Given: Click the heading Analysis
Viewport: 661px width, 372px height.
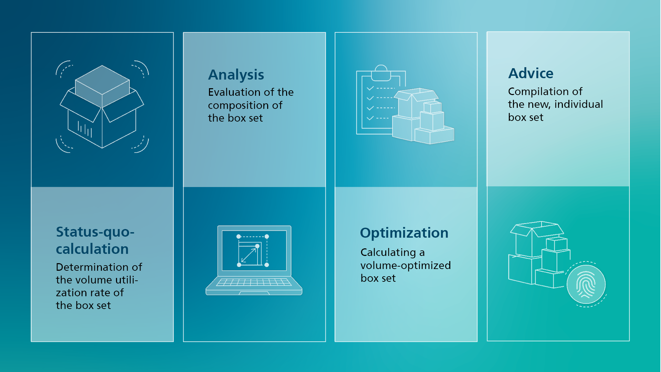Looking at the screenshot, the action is point(236,75).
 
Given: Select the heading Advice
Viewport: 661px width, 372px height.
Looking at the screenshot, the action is point(531,73).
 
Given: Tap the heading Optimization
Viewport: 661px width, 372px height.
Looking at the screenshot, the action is point(404,233).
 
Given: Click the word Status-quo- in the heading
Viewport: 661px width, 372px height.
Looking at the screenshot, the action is point(95,232).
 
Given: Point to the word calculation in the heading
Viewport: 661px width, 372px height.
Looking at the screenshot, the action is point(92,249).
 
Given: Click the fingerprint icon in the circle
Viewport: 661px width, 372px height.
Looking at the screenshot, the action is point(586,284).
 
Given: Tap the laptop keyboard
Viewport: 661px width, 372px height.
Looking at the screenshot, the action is point(254,282).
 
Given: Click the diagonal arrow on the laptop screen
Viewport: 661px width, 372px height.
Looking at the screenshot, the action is point(249,255).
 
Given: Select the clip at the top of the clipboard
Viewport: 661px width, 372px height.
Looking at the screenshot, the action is point(381,73).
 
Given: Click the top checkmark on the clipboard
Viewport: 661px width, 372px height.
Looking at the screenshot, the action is point(370,89).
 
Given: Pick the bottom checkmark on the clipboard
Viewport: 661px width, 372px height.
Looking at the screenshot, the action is point(370,118).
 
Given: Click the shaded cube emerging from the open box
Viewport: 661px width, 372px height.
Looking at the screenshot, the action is point(102,86).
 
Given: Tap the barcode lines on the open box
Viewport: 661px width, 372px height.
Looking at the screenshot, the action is point(85,129).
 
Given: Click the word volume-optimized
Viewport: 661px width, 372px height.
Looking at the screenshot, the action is point(406,265).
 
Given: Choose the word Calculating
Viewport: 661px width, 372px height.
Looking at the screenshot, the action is point(388,252).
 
